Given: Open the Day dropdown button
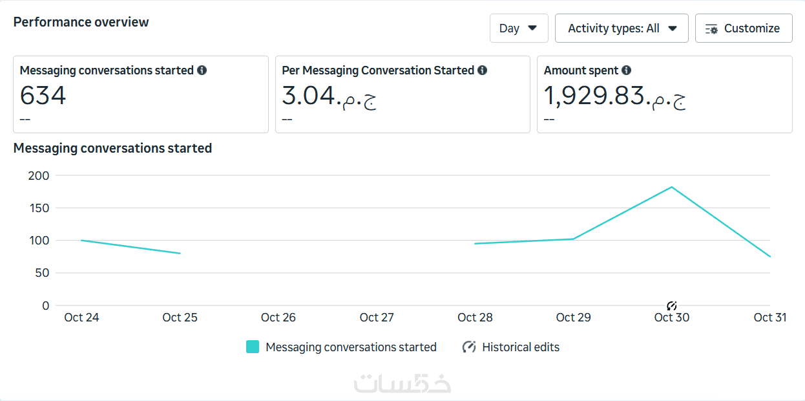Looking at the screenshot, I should tap(518, 28).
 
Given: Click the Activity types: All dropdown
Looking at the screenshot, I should tap(622, 28).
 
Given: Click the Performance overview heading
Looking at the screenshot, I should tap(81, 22).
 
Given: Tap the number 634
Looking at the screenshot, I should tap(43, 96).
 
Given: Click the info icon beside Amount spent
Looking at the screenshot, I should tap(626, 70).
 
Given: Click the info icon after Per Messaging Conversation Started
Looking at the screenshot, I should tap(482, 70).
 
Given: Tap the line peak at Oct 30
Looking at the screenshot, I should tap(672, 188).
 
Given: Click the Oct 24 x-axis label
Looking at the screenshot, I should tap(81, 318).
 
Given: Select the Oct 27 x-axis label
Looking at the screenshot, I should tap(377, 318).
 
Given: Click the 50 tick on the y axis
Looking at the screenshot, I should tap(42, 273).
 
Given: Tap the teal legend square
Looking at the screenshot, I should tap(253, 347).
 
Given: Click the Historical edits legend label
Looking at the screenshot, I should tap(521, 347).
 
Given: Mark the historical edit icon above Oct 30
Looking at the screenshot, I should tap(671, 305).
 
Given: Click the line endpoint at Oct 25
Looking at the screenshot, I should tap(180, 254).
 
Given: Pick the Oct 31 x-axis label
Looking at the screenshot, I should tap(769, 318).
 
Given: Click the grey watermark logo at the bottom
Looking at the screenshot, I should tap(402, 383).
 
